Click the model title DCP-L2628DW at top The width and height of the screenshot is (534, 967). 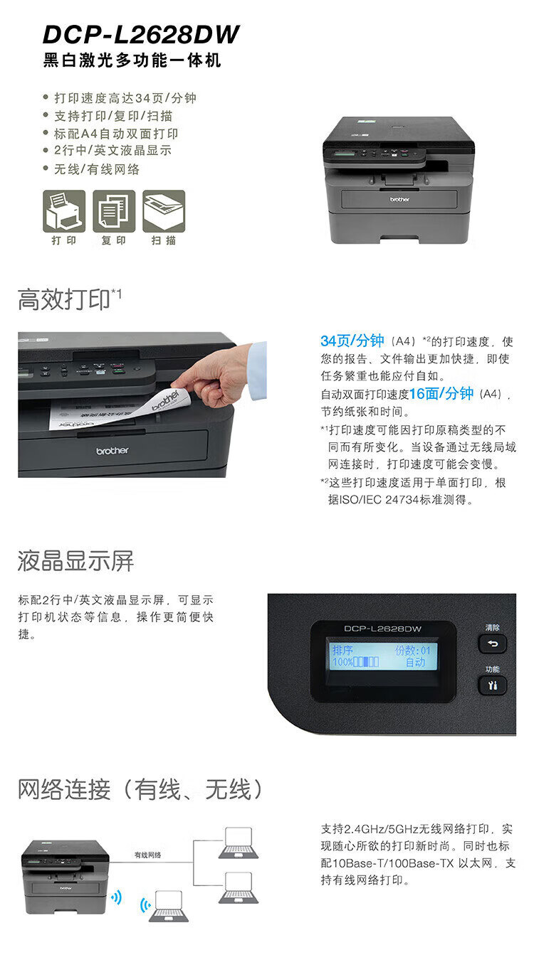[x=141, y=35]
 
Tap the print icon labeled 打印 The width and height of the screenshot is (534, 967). [x=64, y=211]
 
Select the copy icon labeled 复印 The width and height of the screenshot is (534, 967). [x=114, y=211]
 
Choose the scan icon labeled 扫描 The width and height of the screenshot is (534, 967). [x=164, y=211]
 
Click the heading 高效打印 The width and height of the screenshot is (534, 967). [x=64, y=299]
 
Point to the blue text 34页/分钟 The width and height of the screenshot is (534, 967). [x=352, y=341]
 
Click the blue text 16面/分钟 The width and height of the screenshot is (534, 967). [x=441, y=394]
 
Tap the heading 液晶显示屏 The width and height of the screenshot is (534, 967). [x=75, y=561]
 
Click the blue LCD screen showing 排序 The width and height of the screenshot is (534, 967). [x=382, y=656]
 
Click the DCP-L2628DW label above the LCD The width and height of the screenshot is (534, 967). [x=382, y=629]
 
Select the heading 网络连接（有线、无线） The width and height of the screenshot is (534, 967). [x=140, y=790]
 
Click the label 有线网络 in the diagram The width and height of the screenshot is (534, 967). [x=147, y=855]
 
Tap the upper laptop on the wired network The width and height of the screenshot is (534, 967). [x=239, y=843]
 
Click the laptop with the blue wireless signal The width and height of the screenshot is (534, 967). [x=168, y=905]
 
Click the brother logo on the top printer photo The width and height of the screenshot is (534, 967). [x=399, y=199]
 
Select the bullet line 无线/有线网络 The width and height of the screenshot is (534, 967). [x=97, y=169]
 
